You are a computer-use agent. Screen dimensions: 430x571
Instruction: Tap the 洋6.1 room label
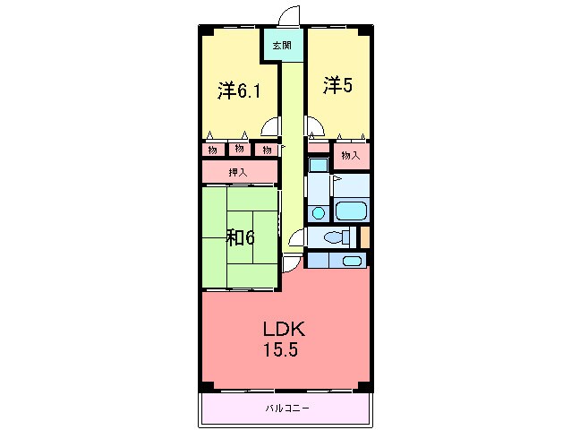pyautogui.click(x=238, y=90)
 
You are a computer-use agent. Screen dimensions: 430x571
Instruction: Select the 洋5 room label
pyautogui.click(x=338, y=86)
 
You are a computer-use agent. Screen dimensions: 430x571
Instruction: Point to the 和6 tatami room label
pyautogui.click(x=240, y=237)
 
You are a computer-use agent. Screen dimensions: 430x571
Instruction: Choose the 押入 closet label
pyautogui.click(x=238, y=172)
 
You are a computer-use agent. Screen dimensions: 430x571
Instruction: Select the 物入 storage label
pyautogui.click(x=351, y=156)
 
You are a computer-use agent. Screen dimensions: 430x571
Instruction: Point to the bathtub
pyautogui.click(x=352, y=213)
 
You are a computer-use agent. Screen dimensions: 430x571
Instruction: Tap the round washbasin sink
pyautogui.click(x=319, y=213)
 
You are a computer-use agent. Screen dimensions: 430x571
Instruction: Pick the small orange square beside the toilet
pyautogui.click(x=365, y=237)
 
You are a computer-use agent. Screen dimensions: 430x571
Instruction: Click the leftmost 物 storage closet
pyautogui.click(x=213, y=150)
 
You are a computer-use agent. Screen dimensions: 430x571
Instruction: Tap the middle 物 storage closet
pyautogui.click(x=240, y=150)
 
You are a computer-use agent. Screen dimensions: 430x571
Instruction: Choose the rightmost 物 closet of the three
pyautogui.click(x=267, y=150)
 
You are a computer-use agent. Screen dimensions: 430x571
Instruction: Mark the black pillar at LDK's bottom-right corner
pyautogui.click(x=365, y=386)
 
